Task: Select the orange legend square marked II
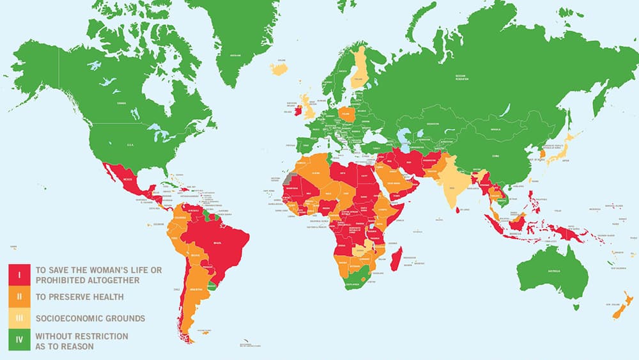(19, 297)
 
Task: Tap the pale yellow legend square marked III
(19, 318)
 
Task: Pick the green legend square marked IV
(19, 340)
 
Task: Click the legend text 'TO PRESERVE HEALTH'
(79, 297)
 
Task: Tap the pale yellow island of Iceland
(280, 68)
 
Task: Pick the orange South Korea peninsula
(543, 154)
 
